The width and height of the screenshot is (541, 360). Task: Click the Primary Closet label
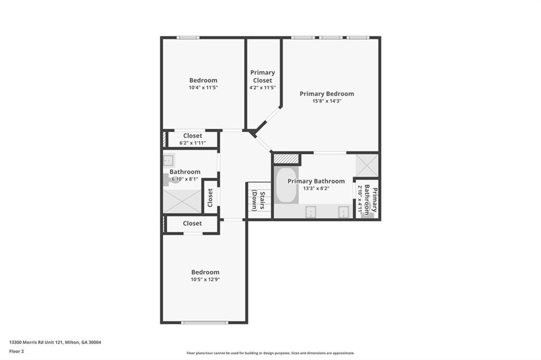pos(263,77)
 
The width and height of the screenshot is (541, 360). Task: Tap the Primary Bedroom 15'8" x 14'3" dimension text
pos(327,101)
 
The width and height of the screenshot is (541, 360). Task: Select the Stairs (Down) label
pos(258,200)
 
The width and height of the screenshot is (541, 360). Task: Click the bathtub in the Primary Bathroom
pos(286,185)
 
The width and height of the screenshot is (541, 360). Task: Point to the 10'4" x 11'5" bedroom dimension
pos(203,88)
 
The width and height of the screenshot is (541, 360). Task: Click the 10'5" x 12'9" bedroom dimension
pos(206,280)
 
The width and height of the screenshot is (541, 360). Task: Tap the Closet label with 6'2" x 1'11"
pos(192,136)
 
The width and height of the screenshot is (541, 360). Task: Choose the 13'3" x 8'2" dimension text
pos(316,188)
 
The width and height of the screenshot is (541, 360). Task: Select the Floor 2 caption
pos(17,350)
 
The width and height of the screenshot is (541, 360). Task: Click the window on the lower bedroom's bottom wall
pos(205,322)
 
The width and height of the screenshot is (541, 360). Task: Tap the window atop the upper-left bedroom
pos(188,37)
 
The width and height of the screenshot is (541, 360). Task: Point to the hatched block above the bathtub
pos(286,158)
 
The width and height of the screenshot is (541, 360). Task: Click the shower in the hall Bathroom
pos(182,201)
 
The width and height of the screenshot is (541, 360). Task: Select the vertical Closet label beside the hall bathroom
pos(210,197)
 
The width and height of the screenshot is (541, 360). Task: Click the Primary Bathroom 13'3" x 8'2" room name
pos(316,181)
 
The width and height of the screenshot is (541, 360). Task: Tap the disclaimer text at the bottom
pos(270,353)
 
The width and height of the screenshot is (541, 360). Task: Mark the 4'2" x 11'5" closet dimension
pos(263,88)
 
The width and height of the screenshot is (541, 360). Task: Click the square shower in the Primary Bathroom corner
pos(367,165)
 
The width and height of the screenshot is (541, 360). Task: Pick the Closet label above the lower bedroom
pos(192,223)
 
